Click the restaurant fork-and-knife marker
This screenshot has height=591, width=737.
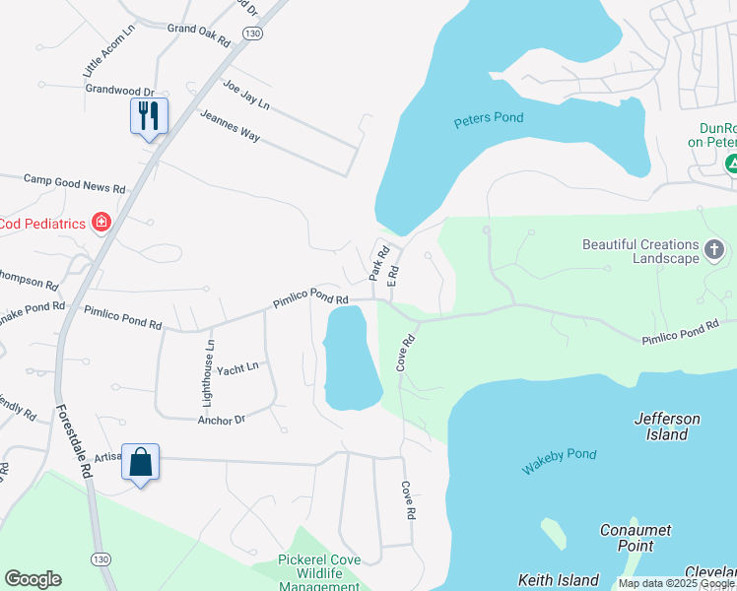click(150, 116)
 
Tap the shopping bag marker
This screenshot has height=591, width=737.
click(140, 462)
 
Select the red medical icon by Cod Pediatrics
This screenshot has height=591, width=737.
click(100, 224)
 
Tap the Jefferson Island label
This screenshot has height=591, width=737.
click(667, 427)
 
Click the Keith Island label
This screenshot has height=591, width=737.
click(559, 580)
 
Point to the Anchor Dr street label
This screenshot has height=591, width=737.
click(221, 420)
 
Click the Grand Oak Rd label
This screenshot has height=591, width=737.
click(198, 36)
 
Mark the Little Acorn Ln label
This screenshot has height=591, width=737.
click(100, 54)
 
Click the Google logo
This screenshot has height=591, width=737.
click(33, 579)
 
